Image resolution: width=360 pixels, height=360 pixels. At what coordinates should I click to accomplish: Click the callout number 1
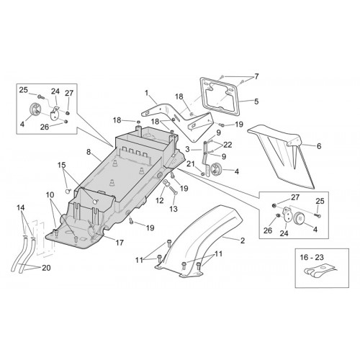(x=147, y=93)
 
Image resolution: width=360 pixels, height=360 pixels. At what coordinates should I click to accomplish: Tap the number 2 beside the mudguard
(x=243, y=240)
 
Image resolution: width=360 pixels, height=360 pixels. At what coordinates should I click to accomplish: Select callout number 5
(x=256, y=102)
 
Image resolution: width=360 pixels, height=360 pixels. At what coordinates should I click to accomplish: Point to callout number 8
(x=89, y=152)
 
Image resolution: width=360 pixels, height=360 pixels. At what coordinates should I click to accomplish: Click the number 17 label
(x=120, y=243)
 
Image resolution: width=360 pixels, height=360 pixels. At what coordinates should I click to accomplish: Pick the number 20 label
(x=46, y=268)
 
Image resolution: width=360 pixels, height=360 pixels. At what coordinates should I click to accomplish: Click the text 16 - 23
(x=312, y=257)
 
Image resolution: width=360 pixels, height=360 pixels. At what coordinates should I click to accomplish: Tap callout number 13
(x=174, y=209)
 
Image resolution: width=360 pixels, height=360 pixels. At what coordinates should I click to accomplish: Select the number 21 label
(x=191, y=164)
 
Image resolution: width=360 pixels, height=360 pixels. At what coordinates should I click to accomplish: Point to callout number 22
(x=228, y=145)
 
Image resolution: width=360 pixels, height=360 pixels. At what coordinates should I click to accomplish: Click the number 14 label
(x=21, y=207)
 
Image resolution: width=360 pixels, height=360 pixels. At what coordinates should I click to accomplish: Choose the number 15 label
(x=61, y=165)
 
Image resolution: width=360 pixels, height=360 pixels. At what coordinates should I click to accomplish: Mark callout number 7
(x=256, y=76)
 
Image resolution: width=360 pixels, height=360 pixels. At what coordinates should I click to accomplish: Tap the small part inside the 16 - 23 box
(x=319, y=272)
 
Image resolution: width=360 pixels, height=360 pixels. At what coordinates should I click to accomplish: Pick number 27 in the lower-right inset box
(x=295, y=197)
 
